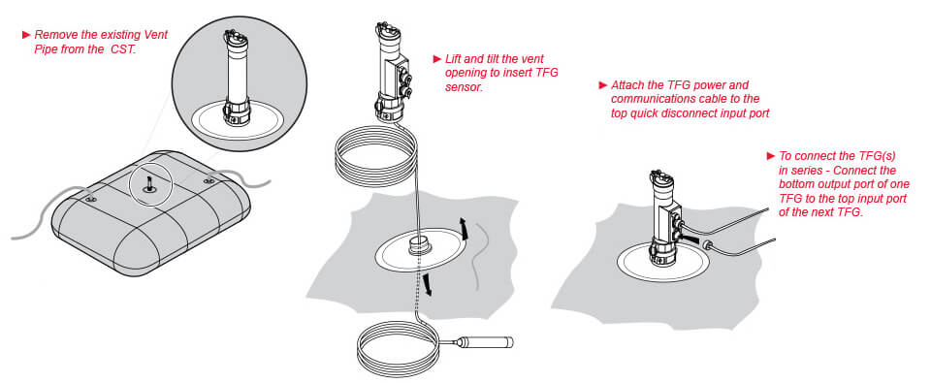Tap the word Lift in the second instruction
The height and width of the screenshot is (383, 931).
[453, 59]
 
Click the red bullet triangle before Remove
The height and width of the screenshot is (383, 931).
[26, 35]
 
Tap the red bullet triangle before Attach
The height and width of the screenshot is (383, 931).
[603, 85]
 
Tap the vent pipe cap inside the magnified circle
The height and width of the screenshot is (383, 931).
[235, 39]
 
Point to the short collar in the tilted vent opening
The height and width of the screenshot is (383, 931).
[420, 244]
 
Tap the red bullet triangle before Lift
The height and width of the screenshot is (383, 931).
[437, 59]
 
